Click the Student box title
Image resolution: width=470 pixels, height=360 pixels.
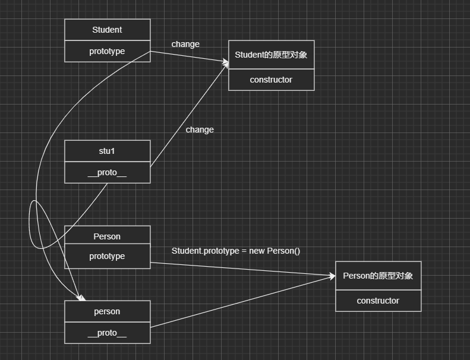click(x=107, y=30)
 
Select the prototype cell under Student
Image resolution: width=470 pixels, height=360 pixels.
click(x=107, y=51)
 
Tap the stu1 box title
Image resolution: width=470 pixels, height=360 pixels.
click(x=107, y=151)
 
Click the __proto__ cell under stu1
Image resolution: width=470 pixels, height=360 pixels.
click(x=107, y=172)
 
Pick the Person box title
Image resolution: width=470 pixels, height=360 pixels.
click(x=107, y=236)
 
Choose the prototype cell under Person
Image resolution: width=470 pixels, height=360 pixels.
click(x=107, y=256)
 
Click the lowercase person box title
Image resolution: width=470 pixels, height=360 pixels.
click(x=107, y=311)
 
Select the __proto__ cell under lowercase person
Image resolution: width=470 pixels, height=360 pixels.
click(x=107, y=333)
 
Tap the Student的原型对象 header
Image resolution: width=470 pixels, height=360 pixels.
click(x=271, y=55)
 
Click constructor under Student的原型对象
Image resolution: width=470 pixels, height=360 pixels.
click(x=271, y=80)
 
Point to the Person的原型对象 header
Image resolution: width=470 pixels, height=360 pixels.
click(x=378, y=276)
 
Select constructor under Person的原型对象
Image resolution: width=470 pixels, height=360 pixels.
click(x=378, y=301)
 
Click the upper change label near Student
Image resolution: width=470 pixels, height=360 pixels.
click(x=185, y=44)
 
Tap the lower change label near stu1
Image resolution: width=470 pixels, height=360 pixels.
click(x=200, y=130)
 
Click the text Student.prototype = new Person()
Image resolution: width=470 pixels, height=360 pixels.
click(x=236, y=251)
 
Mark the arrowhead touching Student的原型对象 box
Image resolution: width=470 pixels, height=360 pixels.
click(x=226, y=62)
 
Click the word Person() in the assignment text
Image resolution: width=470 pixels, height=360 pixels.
click(x=283, y=251)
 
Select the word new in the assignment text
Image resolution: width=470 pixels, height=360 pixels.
click(x=257, y=251)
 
